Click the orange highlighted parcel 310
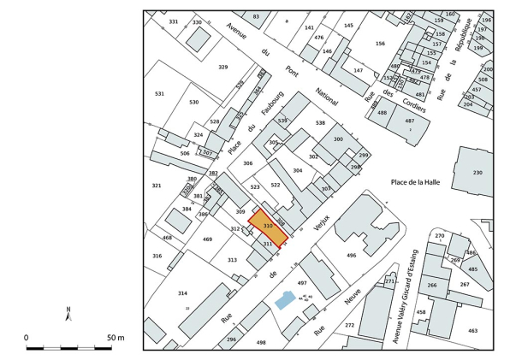point(267,227)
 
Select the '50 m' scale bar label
point(115,338)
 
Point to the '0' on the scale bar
point(27,338)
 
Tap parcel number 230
point(477,173)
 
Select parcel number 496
point(351,255)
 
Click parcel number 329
point(223,67)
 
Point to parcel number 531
point(159,94)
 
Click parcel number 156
point(380,44)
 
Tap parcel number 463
point(473,329)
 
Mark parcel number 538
point(320,123)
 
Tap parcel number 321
point(157,186)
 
